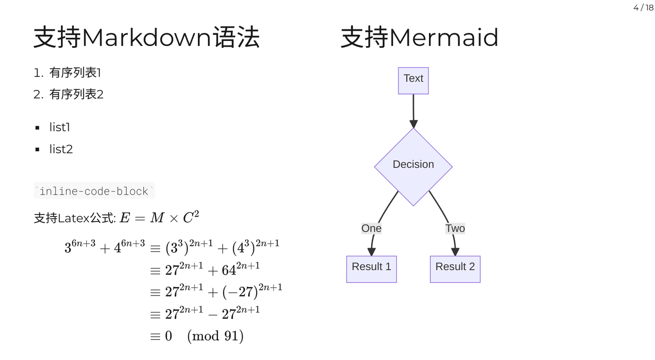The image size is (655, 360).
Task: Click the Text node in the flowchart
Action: coord(413,81)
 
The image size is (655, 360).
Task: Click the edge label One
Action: coord(371,228)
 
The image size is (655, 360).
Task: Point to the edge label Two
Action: coord(455,228)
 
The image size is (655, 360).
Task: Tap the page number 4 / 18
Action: coord(643,7)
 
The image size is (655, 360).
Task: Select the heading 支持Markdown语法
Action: coord(146,37)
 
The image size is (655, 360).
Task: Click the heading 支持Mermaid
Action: coord(419,37)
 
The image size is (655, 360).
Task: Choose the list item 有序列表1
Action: coord(75,72)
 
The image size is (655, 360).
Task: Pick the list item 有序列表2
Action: coord(76,94)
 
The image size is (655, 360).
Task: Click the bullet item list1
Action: coord(60,127)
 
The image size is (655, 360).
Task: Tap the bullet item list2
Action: coord(61,149)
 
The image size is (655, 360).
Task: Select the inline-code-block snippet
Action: coord(94,191)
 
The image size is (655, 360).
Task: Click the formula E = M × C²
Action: coord(159,218)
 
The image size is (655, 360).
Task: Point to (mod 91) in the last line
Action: coord(215,336)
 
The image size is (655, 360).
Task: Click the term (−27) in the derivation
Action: coord(240,292)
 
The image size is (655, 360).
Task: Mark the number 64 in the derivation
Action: coord(229,270)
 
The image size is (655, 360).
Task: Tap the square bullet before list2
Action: coord(37,149)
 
